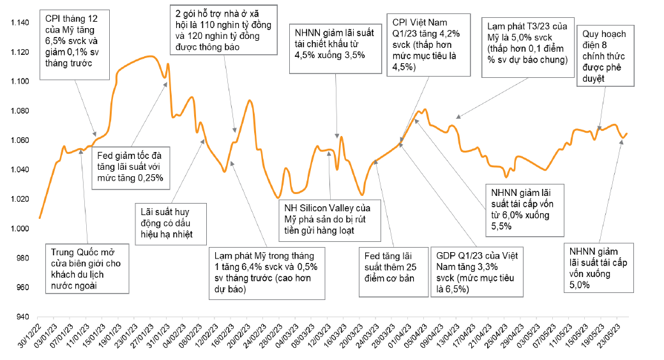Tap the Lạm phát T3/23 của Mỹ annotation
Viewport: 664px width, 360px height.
526,43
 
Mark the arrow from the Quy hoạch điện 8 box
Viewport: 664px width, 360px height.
600,108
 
